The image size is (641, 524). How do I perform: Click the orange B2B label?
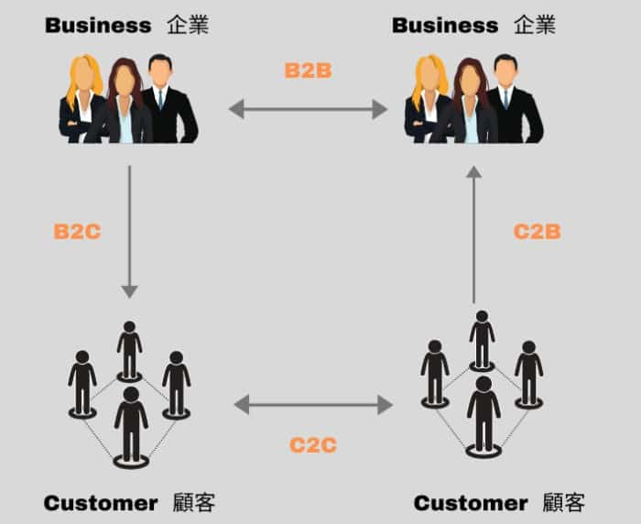tap(308, 70)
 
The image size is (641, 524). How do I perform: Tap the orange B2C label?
tap(77, 232)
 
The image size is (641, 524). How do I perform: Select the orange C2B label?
tap(537, 232)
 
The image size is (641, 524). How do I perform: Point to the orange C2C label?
tap(313, 446)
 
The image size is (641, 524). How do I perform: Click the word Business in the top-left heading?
tap(98, 25)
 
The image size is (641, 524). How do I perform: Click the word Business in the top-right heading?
tap(445, 25)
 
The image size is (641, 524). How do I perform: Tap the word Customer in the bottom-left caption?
tap(101, 503)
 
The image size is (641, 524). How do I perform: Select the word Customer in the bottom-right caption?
tap(471, 503)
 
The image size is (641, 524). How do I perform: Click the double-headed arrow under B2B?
tap(308, 110)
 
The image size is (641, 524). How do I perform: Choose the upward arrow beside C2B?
tap(473, 234)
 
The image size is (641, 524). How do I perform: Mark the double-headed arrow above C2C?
tap(313, 403)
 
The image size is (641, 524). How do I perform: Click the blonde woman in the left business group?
tap(82, 101)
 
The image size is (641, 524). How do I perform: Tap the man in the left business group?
tap(165, 101)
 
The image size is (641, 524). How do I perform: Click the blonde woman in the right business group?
tap(428, 101)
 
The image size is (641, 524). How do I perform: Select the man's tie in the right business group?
tap(505, 98)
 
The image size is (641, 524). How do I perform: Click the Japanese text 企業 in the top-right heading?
tap(535, 25)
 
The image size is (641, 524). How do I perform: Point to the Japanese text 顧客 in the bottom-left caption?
tap(193, 503)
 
